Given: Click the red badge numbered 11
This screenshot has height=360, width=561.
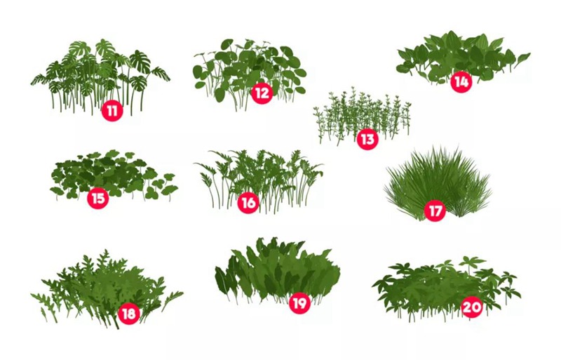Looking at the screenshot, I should pyautogui.click(x=111, y=110).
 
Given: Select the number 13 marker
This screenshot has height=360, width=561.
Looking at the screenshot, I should pyautogui.click(x=367, y=139).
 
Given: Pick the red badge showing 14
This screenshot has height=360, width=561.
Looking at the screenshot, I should pyautogui.click(x=461, y=82).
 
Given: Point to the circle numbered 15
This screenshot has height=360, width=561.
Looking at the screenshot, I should pyautogui.click(x=98, y=199).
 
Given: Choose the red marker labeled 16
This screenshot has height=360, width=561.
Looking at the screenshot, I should pyautogui.click(x=248, y=204).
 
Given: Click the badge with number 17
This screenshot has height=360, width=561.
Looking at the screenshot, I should pyautogui.click(x=435, y=210).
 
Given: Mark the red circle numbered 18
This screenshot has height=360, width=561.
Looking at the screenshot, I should pyautogui.click(x=128, y=314).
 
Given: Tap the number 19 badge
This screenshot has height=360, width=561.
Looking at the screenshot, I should pyautogui.click(x=299, y=303).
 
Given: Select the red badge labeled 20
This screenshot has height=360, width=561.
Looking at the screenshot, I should pyautogui.click(x=472, y=307).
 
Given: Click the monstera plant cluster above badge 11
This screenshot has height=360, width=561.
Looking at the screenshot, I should pyautogui.click(x=102, y=70).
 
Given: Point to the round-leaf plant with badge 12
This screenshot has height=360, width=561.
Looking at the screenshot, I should pyautogui.click(x=249, y=67).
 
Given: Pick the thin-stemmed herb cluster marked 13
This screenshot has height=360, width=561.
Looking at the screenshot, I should pyautogui.click(x=361, y=112).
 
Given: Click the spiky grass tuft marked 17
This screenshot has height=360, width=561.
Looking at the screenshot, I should pyautogui.click(x=438, y=179).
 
